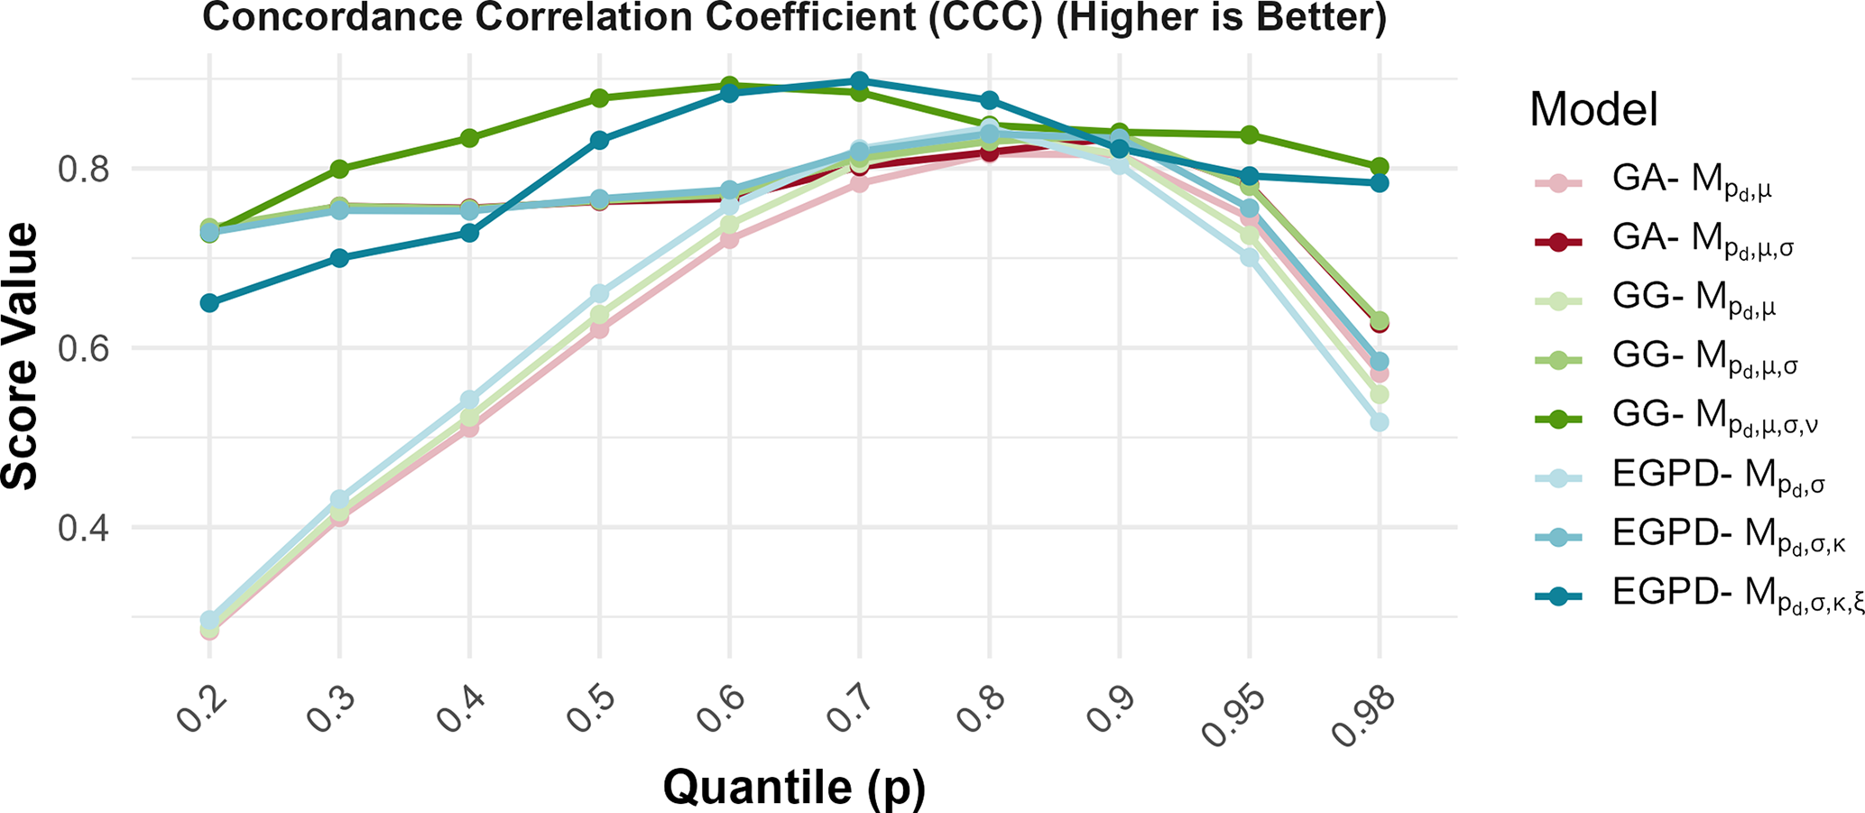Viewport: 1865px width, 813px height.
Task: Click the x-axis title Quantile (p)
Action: (794, 787)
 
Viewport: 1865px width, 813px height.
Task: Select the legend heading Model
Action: (1593, 110)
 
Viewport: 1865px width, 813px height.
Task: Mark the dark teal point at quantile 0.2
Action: (209, 302)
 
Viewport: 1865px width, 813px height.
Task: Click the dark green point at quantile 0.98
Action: (1379, 167)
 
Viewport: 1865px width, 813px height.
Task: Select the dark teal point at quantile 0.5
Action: (599, 140)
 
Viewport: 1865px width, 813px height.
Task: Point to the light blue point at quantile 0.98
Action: (1379, 422)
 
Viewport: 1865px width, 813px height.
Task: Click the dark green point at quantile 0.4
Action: (469, 138)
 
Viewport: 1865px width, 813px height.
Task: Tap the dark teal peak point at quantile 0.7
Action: (859, 81)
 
